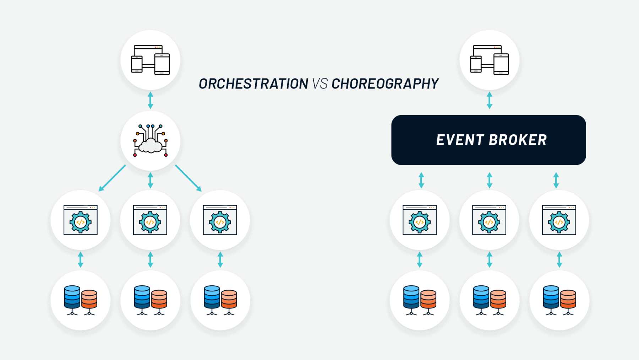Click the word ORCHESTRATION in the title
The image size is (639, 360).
(253, 84)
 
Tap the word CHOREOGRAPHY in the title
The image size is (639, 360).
(385, 84)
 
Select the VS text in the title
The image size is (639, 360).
(319, 84)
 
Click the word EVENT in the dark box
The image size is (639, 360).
(460, 140)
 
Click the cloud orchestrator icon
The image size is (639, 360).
(150, 141)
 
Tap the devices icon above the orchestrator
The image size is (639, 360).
(150, 60)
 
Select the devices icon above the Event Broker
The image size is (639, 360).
(489, 60)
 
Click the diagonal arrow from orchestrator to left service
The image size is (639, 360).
(112, 178)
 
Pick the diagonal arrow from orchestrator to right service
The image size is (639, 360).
(188, 178)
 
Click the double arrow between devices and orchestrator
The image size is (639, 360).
(150, 100)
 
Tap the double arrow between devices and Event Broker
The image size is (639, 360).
(489, 100)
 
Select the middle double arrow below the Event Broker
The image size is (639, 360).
(489, 180)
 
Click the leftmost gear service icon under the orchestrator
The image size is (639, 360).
(81, 220)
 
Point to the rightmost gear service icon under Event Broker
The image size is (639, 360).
(559, 220)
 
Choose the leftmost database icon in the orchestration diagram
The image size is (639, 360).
(81, 300)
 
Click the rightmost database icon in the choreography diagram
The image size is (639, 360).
(559, 300)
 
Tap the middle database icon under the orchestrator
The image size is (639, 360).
(150, 300)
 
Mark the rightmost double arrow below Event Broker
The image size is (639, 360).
(556, 180)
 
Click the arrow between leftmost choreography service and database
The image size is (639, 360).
(420, 260)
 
